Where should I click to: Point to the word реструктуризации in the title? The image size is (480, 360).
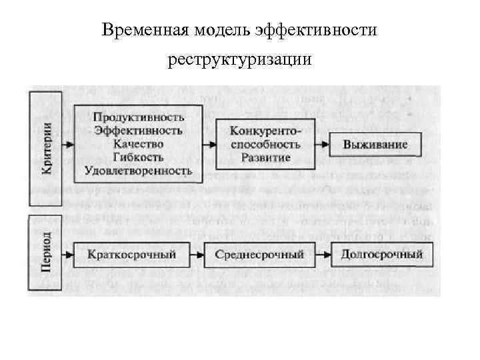[239, 61]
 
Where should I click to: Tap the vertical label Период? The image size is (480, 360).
[45, 252]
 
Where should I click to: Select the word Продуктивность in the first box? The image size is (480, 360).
[139, 117]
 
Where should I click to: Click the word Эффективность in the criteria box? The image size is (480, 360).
[139, 130]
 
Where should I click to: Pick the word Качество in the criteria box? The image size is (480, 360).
[139, 143]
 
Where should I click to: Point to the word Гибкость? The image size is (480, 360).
[139, 157]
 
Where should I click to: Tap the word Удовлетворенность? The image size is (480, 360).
[139, 171]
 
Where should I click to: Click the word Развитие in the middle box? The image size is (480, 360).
[265, 158]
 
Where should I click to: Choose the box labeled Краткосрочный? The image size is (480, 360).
[131, 255]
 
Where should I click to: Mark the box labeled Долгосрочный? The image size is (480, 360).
[381, 255]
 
